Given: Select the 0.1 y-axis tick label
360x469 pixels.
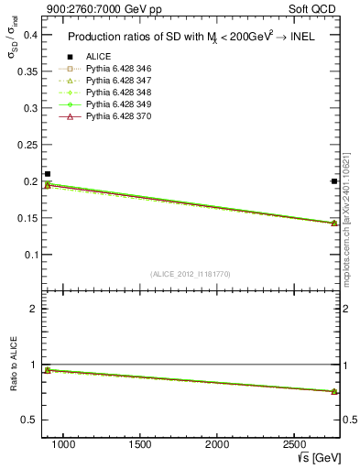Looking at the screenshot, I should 29,255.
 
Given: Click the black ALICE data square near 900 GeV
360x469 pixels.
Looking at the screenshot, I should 48,174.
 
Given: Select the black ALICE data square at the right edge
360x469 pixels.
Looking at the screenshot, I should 333,181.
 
